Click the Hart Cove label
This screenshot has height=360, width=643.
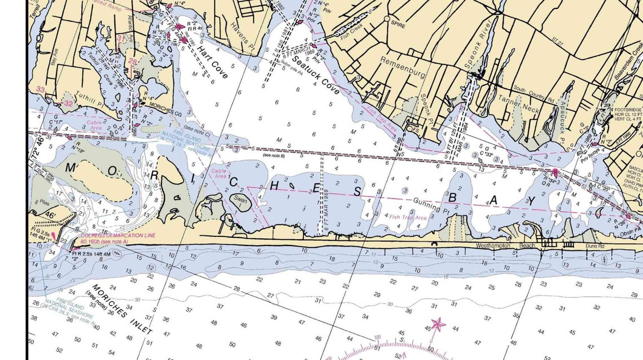coord(212,62)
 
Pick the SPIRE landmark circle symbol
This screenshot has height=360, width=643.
coord(387,19)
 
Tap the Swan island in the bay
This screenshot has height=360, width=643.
coord(240,201)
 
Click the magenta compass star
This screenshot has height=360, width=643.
coord(438,324)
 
